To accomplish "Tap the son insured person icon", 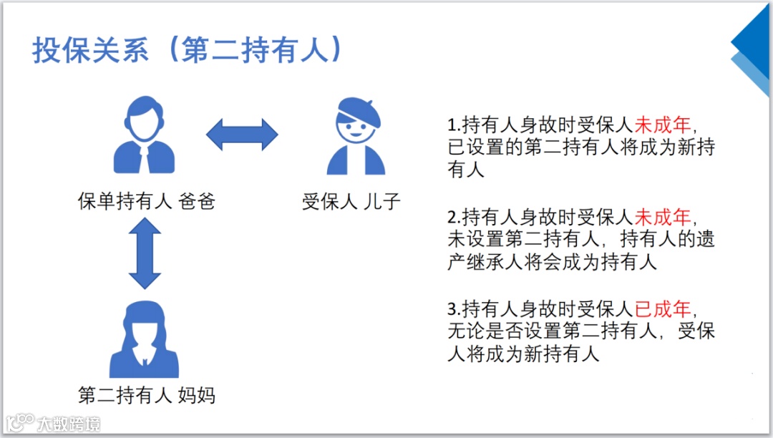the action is click(356, 136).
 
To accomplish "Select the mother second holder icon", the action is click(145, 339).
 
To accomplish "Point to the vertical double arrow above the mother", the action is click(145, 253).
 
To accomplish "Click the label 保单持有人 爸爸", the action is click(146, 202).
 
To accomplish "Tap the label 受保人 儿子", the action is click(351, 202).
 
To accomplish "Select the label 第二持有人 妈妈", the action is click(146, 394).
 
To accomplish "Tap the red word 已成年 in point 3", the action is click(663, 309).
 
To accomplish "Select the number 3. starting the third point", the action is click(454, 310).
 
